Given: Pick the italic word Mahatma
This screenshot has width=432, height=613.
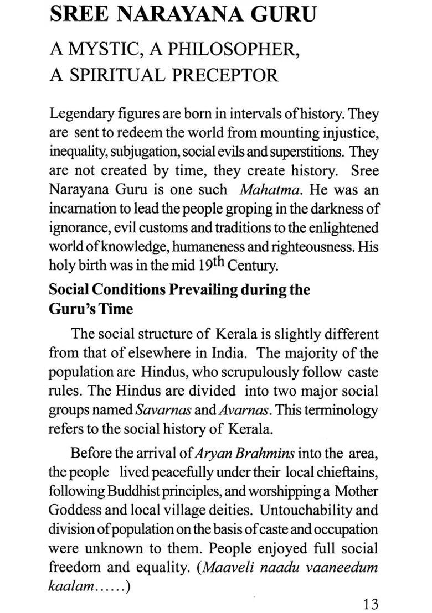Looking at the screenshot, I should [271, 189].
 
